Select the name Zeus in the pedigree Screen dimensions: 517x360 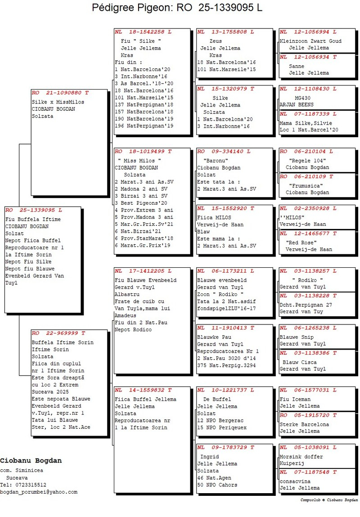pyautogui.click(x=210, y=41)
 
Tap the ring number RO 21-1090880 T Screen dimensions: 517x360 pyautogui.click(x=60, y=92)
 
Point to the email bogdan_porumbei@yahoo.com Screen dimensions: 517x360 pyautogui.click(x=39, y=492)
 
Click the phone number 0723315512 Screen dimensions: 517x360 pyautogui.click(x=29, y=485)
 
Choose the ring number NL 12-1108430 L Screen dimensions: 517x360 pyautogui.click(x=307, y=89)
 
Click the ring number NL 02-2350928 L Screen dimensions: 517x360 pyautogui.click(x=307, y=208)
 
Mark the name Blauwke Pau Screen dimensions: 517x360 pyautogui.click(x=214, y=337)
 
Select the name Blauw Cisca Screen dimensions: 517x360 pyautogui.click(x=299, y=362)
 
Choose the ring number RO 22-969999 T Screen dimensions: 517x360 pyautogui.click(x=58, y=333)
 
